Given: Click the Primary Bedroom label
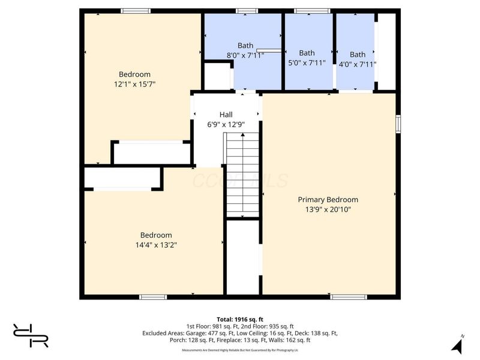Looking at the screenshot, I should click(x=328, y=200).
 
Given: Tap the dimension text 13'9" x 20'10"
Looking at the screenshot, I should click(x=328, y=209).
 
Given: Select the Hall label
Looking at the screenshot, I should click(x=226, y=115).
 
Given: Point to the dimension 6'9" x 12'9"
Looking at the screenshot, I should click(x=226, y=124).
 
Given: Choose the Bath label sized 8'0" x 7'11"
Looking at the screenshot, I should click(x=245, y=45).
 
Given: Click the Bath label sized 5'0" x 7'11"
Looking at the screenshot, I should click(x=307, y=53).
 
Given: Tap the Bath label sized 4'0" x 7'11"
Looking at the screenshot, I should click(x=358, y=55).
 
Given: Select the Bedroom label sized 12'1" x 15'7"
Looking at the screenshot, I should click(x=134, y=74).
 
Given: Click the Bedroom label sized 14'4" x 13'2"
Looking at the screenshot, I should click(x=156, y=235).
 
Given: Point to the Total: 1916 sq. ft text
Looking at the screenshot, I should click(x=240, y=319).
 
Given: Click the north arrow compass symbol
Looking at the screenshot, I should click(x=457, y=346).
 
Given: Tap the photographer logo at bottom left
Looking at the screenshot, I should click(x=31, y=335).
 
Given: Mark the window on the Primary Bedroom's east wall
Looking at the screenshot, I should click(x=398, y=123).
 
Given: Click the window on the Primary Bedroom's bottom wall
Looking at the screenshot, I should click(x=348, y=296).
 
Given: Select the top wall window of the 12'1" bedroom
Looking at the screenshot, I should click(x=135, y=11).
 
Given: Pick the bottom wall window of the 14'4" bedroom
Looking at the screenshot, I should click(x=153, y=296).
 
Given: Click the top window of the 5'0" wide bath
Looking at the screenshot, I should click(x=311, y=11).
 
